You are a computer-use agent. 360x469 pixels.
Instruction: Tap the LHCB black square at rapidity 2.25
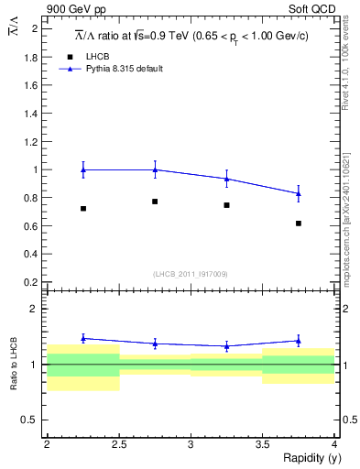(82, 209)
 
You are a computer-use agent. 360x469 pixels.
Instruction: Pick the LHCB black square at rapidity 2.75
(155, 202)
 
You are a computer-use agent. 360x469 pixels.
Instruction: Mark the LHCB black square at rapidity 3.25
(226, 205)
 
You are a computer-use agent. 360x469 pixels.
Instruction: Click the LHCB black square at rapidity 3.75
(299, 224)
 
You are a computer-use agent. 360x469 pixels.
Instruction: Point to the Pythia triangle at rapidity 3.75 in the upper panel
(299, 193)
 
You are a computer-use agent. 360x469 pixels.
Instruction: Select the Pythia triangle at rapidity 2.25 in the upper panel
(82, 169)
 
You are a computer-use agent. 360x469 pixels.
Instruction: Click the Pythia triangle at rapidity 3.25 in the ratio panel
(226, 346)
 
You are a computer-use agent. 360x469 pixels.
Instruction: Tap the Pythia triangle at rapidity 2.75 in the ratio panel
(155, 344)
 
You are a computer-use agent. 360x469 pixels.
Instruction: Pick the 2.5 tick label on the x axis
(119, 444)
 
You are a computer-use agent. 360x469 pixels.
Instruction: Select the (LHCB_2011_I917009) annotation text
(190, 274)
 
